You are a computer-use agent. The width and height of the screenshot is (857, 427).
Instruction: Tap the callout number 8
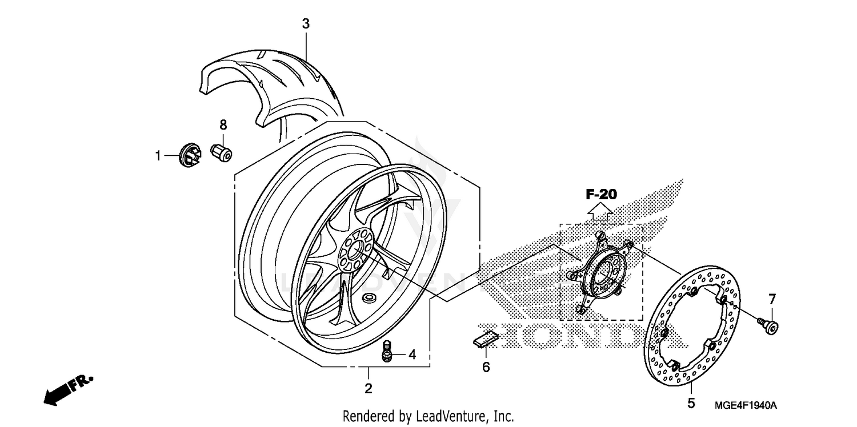[223, 124]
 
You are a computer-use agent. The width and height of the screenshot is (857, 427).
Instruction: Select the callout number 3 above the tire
[306, 24]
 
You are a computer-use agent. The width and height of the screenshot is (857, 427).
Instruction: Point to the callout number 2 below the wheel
[369, 389]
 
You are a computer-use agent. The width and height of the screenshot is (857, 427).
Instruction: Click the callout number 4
[412, 355]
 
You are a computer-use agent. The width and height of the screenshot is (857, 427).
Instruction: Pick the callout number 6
[486, 367]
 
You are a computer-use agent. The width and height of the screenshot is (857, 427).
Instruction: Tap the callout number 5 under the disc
[691, 404]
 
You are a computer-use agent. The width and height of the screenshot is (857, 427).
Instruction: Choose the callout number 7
[772, 299]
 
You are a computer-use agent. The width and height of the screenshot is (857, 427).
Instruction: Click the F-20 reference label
[601, 195]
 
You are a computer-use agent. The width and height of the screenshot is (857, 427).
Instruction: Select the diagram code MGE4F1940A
[746, 405]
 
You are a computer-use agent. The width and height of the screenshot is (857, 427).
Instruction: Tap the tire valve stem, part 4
[387, 351]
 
